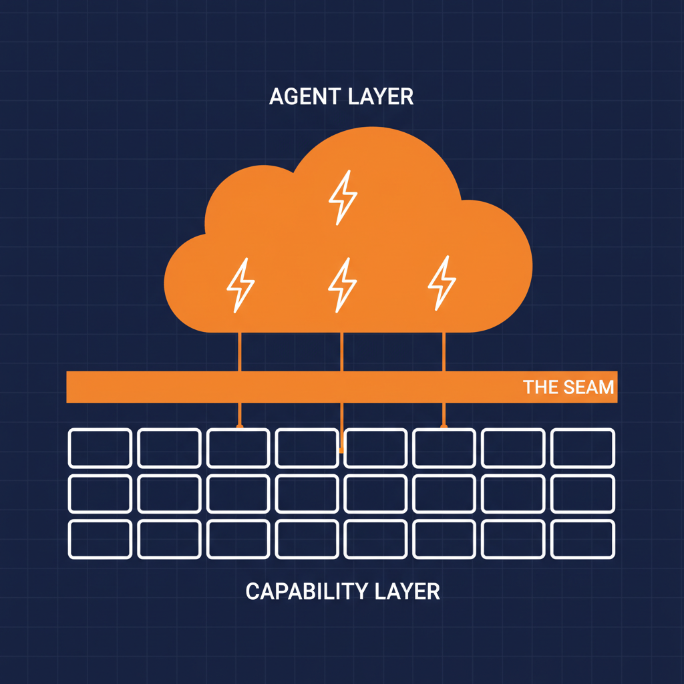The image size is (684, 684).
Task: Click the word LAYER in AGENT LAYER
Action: [381, 96]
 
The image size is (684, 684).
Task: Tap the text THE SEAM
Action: [568, 387]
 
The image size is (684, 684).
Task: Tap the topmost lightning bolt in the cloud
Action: [343, 197]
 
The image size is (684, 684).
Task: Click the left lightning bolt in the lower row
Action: [240, 285]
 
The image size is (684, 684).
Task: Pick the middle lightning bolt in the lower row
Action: [342, 285]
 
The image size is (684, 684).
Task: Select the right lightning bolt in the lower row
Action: [442, 283]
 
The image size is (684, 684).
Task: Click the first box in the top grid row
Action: [100, 448]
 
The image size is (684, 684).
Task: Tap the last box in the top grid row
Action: [583, 448]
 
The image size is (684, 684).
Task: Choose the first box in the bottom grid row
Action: [100, 539]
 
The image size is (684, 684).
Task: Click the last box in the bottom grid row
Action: [583, 539]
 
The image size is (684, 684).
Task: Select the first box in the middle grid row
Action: [100, 494]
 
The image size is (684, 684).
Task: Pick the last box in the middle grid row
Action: [583, 494]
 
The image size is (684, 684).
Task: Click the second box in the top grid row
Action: [169, 448]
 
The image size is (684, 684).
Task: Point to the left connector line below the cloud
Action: [240, 351]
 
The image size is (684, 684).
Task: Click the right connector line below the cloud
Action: [444, 351]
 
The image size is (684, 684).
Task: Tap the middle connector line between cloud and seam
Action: [341, 351]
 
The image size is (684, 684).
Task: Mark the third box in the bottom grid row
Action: [238, 539]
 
